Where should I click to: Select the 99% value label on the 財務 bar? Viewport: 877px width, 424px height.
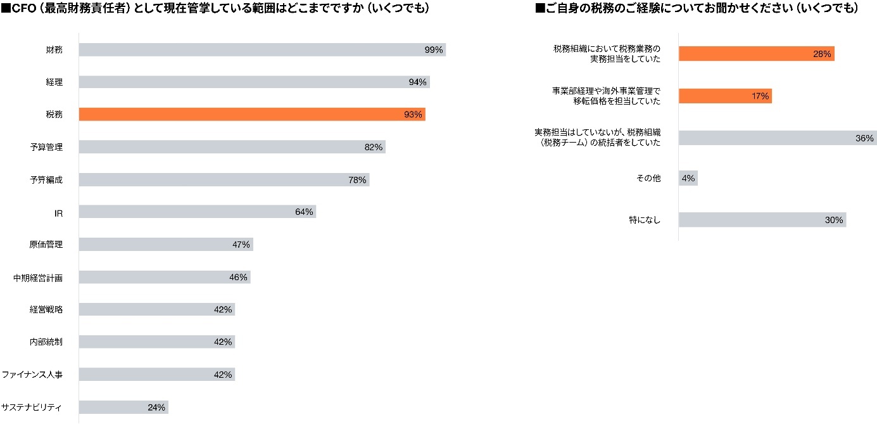(434, 50)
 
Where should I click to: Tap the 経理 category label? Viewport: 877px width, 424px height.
(54, 82)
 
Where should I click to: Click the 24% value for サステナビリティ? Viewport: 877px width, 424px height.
(156, 408)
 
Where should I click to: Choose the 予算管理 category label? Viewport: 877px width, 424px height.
(46, 147)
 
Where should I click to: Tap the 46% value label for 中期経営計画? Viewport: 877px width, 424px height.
(238, 277)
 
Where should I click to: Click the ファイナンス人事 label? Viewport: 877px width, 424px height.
(32, 375)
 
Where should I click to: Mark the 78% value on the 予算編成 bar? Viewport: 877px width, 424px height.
(357, 180)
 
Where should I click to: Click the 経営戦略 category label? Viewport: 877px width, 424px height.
(46, 310)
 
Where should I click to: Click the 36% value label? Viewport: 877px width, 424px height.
(864, 138)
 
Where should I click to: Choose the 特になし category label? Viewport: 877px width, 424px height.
(645, 221)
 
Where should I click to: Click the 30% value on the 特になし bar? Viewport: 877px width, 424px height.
(834, 221)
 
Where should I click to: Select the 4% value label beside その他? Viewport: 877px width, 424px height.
(688, 179)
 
